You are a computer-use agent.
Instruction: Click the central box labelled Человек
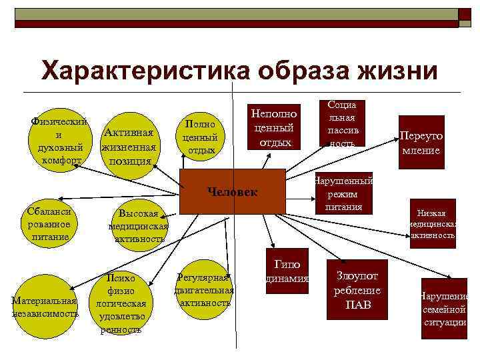point(233,192)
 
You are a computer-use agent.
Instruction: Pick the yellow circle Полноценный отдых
point(201,137)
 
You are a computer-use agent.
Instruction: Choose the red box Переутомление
point(421,143)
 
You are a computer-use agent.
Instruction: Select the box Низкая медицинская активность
point(433,223)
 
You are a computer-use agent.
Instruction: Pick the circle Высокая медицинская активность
point(138,225)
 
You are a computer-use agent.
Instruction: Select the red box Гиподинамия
point(287,270)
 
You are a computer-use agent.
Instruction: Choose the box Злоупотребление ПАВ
point(357,288)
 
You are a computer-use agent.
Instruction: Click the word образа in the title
point(283,70)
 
